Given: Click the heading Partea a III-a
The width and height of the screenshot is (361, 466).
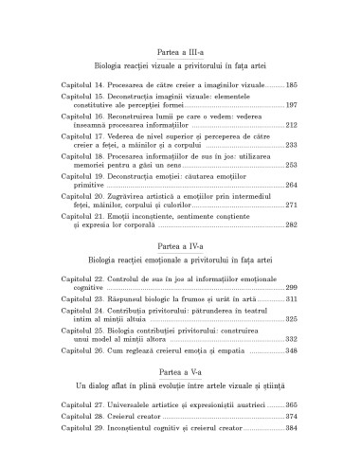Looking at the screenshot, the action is coord(180,55).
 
